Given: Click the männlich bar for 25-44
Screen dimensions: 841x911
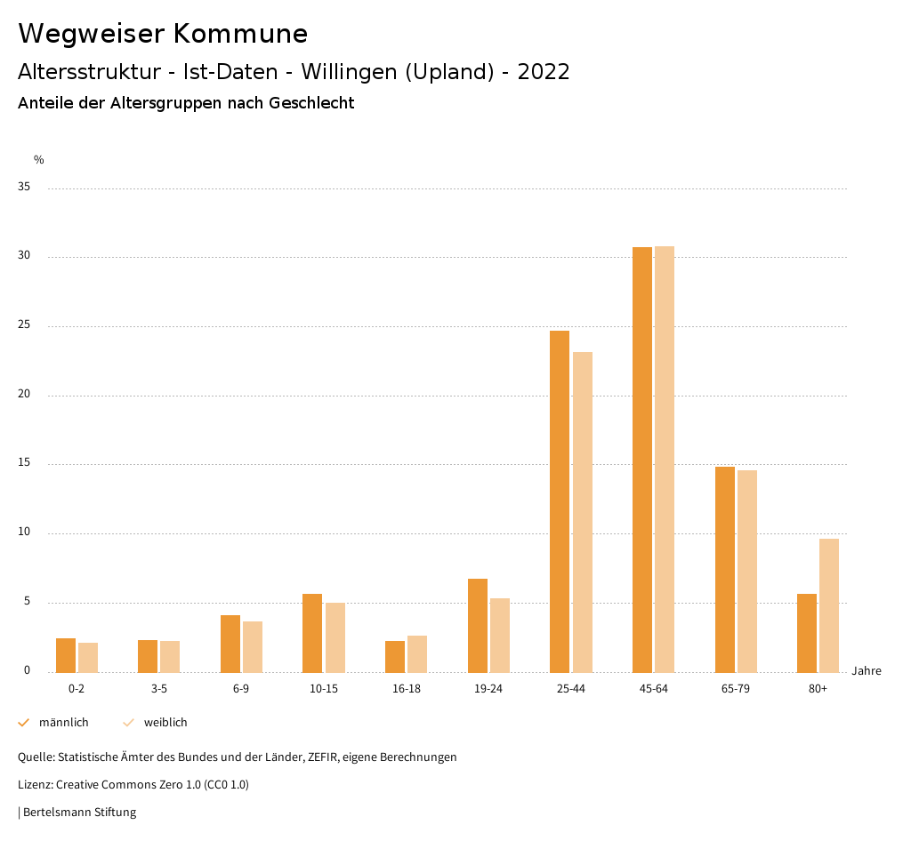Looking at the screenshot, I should pyautogui.click(x=560, y=501).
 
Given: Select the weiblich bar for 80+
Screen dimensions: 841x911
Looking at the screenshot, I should pyautogui.click(x=829, y=605).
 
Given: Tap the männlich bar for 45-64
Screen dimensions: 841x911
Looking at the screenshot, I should pyautogui.click(x=642, y=460).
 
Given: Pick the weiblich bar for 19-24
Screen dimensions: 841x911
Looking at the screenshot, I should pyautogui.click(x=500, y=635).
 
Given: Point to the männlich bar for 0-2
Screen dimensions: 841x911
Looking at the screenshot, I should pyautogui.click(x=66, y=655).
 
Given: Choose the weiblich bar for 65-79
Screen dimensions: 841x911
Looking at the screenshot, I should pyautogui.click(x=747, y=571).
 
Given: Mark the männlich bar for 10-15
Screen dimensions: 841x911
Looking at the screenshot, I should pyautogui.click(x=312, y=633).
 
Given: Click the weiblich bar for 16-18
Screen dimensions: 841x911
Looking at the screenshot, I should pyautogui.click(x=417, y=653).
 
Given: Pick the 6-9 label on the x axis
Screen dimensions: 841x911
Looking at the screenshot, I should pyautogui.click(x=241, y=689).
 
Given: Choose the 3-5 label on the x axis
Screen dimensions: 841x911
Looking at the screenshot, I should pyautogui.click(x=159, y=689).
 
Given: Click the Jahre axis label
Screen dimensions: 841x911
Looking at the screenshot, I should pyautogui.click(x=866, y=671).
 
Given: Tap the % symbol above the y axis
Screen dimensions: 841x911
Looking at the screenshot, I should pyautogui.click(x=39, y=160).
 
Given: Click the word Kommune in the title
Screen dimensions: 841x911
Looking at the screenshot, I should pyautogui.click(x=240, y=34).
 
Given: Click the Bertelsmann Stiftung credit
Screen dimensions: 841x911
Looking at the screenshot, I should pyautogui.click(x=79, y=813).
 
